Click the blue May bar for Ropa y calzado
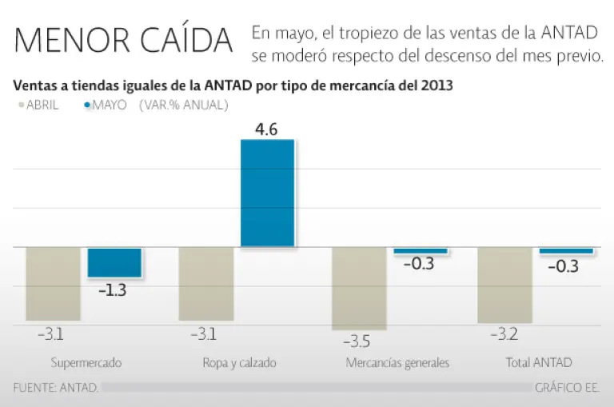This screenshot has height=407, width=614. pyautogui.click(x=268, y=193)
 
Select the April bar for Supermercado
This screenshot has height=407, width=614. pyautogui.click(x=53, y=283)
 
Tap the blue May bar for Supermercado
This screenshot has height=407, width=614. pyautogui.click(x=114, y=262)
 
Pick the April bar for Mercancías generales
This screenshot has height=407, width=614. pyautogui.click(x=359, y=288)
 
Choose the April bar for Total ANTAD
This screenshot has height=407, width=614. pyautogui.click(x=504, y=285)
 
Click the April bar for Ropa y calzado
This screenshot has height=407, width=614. pyautogui.click(x=206, y=283)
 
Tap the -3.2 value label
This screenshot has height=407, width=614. pyautogui.click(x=503, y=335)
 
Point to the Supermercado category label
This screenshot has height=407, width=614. pyautogui.click(x=86, y=363)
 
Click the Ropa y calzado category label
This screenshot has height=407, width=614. pyautogui.click(x=239, y=363)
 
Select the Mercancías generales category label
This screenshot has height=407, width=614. pyautogui.click(x=397, y=363)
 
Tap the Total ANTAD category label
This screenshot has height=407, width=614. pyautogui.click(x=539, y=363)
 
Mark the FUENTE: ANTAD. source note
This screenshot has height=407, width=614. pyautogui.click(x=56, y=388)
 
